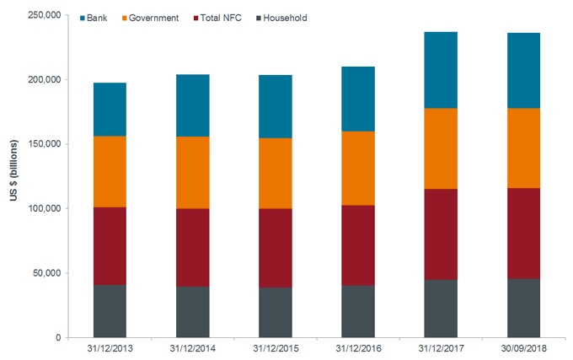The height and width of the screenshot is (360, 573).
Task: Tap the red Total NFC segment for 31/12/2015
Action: [275, 248]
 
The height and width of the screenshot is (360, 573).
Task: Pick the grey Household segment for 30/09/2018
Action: [523, 308]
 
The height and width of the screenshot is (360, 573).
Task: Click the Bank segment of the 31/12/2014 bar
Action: [192, 105]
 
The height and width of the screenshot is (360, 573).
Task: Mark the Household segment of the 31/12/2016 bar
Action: [357, 311]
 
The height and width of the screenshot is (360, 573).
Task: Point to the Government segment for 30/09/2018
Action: [523, 148]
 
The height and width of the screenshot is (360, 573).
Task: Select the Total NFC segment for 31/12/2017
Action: [441, 234]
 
